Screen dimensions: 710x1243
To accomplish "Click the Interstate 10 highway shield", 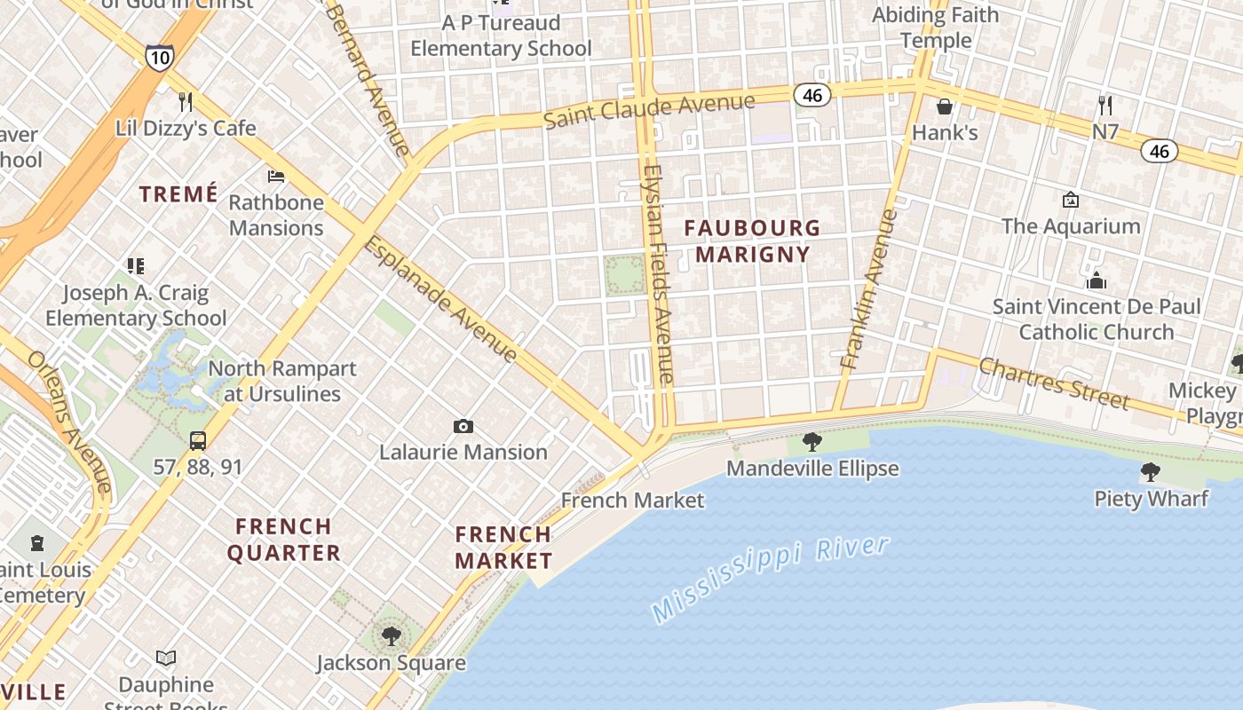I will (160, 57).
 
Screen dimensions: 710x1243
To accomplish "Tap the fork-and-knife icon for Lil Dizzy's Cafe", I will (186, 102).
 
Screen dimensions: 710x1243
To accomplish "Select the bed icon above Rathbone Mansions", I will (276, 176).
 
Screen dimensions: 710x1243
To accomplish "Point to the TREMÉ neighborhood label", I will (178, 194).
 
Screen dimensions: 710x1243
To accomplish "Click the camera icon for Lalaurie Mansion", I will (463, 427).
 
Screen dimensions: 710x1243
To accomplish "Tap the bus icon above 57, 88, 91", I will (198, 441).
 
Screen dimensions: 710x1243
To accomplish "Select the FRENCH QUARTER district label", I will (284, 540).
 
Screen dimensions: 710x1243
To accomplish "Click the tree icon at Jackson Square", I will (391, 636).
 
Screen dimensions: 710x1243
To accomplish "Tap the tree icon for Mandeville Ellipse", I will (812, 442).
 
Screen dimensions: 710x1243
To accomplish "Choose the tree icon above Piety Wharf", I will (1151, 472).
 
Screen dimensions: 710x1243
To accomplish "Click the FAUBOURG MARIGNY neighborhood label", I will (752, 241).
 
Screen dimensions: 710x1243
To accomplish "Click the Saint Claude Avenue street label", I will (649, 110).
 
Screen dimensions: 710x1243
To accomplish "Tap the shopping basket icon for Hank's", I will (945, 106).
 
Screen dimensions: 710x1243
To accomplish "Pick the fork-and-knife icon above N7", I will (1105, 106).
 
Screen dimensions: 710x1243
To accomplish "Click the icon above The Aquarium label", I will (1071, 200).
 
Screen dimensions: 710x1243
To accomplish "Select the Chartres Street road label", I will (1054, 383).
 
